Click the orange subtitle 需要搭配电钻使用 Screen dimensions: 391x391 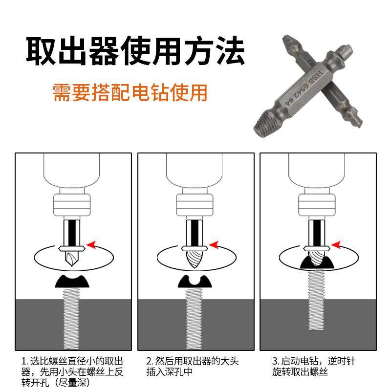[130, 92]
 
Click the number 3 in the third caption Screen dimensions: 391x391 [275, 362]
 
